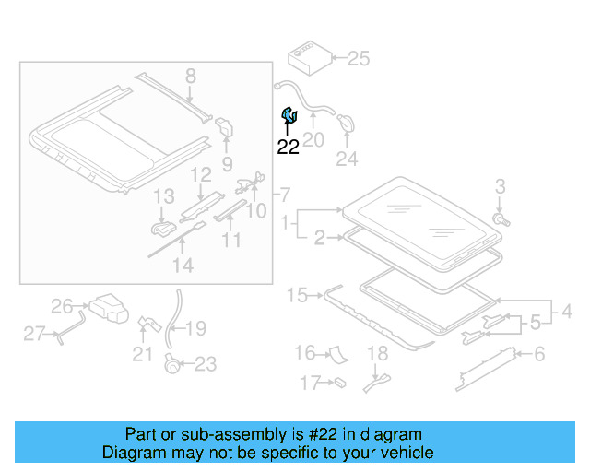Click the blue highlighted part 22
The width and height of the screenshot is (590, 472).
pyautogui.click(x=289, y=115)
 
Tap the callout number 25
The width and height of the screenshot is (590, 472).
pyautogui.click(x=358, y=59)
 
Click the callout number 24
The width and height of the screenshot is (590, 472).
pyautogui.click(x=346, y=159)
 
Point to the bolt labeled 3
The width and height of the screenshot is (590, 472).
pyautogui.click(x=501, y=220)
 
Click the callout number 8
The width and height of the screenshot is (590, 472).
pyautogui.click(x=191, y=76)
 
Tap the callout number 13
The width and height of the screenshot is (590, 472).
pyautogui.click(x=163, y=196)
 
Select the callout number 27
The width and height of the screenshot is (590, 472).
pyautogui.click(x=34, y=333)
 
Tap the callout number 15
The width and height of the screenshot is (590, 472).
pyautogui.click(x=296, y=296)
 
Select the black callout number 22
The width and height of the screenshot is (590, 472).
pyautogui.click(x=289, y=147)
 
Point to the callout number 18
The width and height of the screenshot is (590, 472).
pyautogui.click(x=378, y=353)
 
